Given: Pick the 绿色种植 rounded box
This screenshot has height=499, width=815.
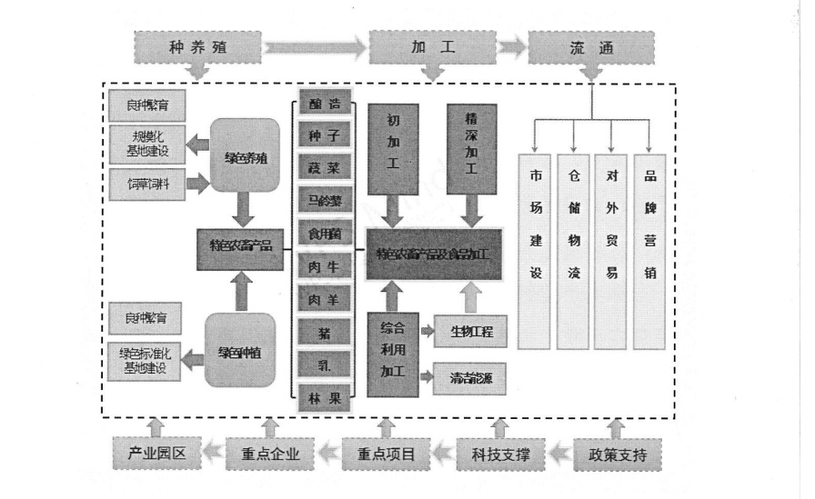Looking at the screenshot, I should [240, 351].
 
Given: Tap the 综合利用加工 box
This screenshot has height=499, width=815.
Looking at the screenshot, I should [393, 352].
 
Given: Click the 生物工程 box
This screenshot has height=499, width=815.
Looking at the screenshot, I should [470, 332].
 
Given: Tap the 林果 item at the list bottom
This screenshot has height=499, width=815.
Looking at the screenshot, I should [325, 396].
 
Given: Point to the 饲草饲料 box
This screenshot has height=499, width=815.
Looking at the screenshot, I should [146, 184].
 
